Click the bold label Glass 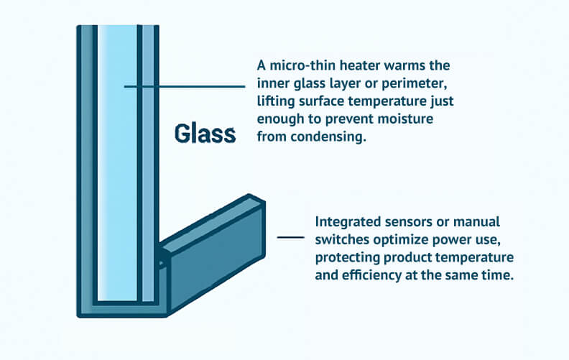205,134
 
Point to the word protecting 347,258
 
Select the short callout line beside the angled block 290,236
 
